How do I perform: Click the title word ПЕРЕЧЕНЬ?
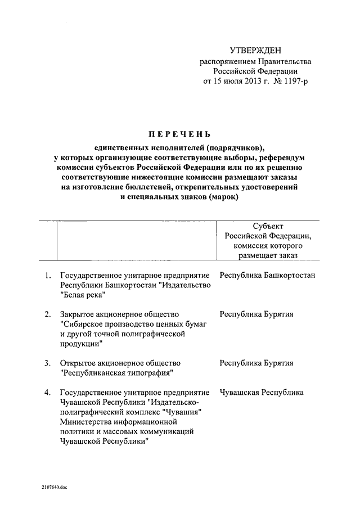(179, 134)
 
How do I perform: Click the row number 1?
(48, 275)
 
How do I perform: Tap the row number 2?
(48, 314)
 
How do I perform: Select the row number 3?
(48, 363)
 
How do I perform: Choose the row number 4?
(48, 392)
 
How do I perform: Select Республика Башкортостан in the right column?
(267, 275)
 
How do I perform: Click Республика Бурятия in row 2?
(256, 314)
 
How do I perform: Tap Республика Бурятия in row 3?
(256, 363)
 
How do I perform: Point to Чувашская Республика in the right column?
(262, 392)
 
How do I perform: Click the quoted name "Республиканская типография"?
(116, 373)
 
